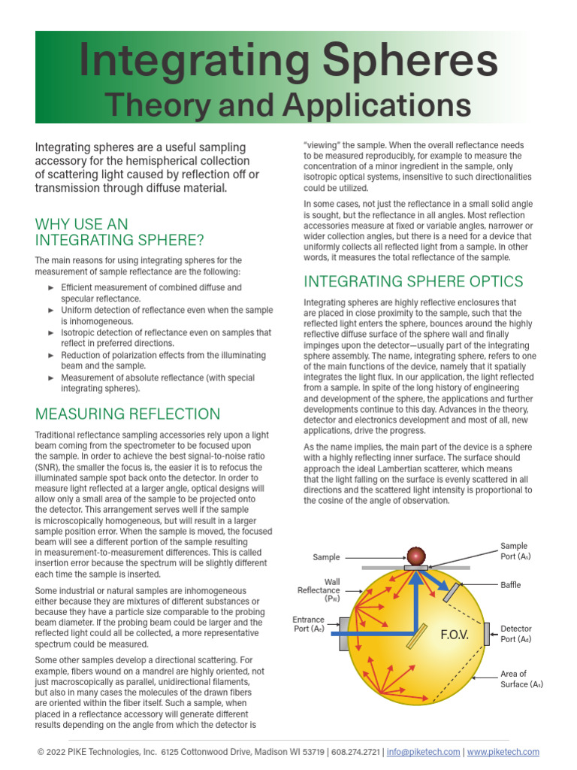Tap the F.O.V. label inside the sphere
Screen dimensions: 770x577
coord(454,635)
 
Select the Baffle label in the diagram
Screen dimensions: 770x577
coord(511,584)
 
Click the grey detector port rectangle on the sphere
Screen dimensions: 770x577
coord(487,634)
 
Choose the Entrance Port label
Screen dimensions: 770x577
coord(308,624)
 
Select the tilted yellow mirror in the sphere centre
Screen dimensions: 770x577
coord(413,635)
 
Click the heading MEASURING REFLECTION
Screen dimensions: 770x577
coord(128,414)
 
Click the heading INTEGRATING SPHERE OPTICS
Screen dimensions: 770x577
coord(413,281)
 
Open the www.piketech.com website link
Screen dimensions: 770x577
coord(503,752)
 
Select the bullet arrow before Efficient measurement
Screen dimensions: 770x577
coord(51,287)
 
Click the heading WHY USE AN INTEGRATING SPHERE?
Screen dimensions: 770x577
coord(119,232)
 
